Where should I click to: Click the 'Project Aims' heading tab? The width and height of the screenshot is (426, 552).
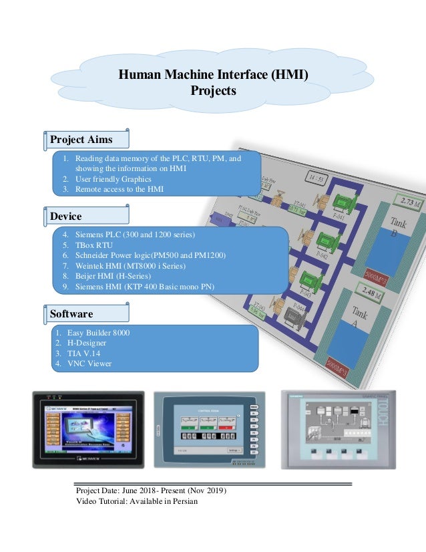click(81, 140)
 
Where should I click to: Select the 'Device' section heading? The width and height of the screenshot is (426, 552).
click(66, 217)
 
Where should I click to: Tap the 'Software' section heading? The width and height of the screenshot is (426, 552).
click(71, 313)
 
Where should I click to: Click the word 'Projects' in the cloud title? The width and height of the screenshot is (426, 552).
click(213, 91)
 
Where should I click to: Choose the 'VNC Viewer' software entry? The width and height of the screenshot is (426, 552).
click(93, 364)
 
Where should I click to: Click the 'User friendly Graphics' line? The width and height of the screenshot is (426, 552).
click(113, 179)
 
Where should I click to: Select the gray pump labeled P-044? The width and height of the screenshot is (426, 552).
click(294, 316)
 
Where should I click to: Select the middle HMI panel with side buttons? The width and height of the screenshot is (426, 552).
click(209, 429)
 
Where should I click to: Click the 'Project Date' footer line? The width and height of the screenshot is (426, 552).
click(152, 491)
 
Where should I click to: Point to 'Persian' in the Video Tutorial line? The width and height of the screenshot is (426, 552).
click(184, 502)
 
